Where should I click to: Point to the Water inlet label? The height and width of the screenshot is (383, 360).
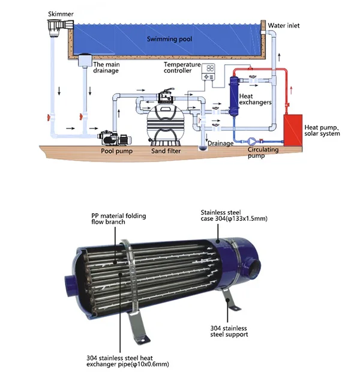coord(283,26)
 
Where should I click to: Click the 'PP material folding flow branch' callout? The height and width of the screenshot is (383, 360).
coord(118,219)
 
